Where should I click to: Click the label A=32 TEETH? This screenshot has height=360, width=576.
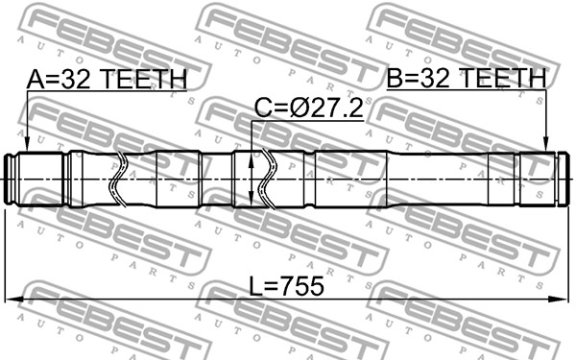[107, 79]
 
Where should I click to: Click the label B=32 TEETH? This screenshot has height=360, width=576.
[467, 78]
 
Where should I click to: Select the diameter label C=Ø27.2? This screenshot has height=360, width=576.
[309, 108]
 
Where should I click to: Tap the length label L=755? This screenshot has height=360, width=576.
[286, 286]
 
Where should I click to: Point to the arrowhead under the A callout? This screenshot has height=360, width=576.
[27, 144]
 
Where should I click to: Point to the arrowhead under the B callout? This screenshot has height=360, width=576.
[546, 144]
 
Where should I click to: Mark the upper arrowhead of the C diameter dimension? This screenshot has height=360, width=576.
[251, 159]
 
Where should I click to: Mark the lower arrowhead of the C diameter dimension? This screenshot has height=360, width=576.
[251, 199]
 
